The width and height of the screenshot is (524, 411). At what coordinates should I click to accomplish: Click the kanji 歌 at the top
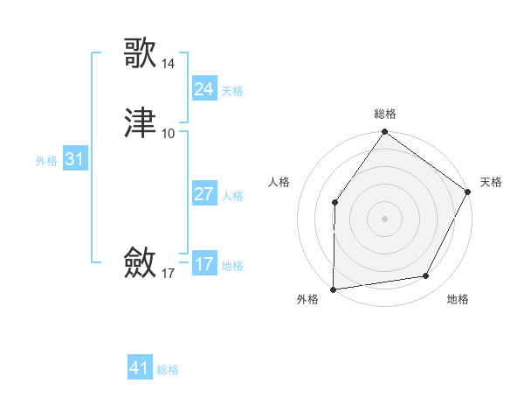[140, 52]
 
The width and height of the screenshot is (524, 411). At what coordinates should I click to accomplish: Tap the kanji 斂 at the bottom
[140, 262]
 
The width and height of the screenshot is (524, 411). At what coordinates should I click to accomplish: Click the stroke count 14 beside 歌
[168, 64]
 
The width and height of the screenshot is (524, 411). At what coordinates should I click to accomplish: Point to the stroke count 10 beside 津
[168, 134]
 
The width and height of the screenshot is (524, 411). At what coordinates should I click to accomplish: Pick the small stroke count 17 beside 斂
[168, 274]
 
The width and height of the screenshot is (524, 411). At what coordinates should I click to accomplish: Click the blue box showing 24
[203, 89]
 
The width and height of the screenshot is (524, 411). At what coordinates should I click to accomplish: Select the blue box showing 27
[203, 194]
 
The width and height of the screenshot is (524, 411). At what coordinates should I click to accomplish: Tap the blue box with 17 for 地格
[203, 264]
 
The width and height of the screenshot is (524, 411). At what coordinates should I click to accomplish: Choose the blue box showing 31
[74, 159]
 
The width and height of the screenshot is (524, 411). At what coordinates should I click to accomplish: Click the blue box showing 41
[139, 368]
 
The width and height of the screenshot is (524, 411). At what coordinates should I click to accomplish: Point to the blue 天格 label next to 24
[232, 91]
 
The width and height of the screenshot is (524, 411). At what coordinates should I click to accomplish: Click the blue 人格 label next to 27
[232, 196]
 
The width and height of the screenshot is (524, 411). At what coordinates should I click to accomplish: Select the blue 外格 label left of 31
[46, 161]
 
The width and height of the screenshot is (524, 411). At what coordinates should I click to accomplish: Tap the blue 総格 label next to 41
[168, 370]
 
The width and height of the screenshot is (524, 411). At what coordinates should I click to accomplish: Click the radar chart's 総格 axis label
[385, 114]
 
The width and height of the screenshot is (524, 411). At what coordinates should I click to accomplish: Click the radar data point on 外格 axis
[334, 289]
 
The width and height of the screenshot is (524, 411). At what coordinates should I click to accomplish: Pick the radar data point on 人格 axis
[334, 203]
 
